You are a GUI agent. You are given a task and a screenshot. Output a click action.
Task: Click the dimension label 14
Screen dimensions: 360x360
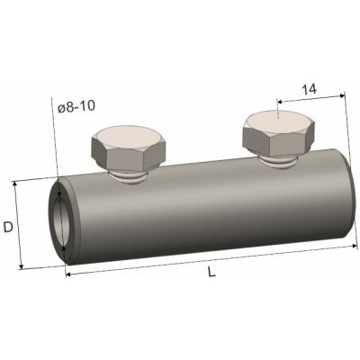click(309, 89)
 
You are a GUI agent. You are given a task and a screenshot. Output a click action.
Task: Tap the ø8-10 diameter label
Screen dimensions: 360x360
click(76, 106)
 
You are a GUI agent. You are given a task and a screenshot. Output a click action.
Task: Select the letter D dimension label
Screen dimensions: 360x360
click(8, 228)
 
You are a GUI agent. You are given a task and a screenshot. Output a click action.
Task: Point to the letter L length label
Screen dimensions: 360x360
click(211, 272)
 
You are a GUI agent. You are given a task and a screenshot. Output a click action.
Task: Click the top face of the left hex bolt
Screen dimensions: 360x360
click(128, 138)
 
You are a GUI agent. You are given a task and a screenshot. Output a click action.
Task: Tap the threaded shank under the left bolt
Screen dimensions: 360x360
click(129, 177)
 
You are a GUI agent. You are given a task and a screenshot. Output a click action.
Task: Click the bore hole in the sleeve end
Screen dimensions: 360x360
click(61, 221)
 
